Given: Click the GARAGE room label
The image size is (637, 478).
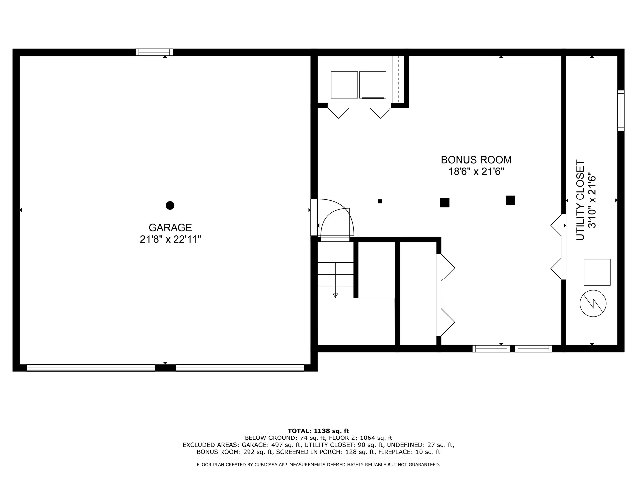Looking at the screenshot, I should [x=170, y=228].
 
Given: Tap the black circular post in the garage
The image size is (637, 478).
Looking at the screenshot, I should [x=170, y=206].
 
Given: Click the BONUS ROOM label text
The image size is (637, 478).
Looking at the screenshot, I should [x=476, y=160].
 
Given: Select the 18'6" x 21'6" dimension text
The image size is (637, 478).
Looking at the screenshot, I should [x=476, y=172].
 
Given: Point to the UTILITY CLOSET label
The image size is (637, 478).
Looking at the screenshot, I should [x=580, y=200].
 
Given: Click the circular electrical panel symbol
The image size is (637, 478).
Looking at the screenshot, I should [x=593, y=303].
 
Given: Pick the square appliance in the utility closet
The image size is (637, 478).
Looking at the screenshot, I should [x=597, y=272].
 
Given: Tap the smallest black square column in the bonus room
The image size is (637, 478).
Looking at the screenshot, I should [x=380, y=201].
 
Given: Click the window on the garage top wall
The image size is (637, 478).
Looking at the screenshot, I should [x=154, y=52].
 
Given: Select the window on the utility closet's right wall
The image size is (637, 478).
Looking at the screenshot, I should [x=621, y=111].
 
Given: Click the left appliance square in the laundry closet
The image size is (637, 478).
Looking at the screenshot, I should [x=344, y=85].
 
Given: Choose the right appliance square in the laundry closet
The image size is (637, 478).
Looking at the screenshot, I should [x=372, y=85].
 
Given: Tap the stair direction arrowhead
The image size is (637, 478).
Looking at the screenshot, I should [x=335, y=295].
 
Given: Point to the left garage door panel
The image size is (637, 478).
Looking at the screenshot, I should [x=91, y=368].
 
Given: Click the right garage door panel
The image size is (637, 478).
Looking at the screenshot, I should [x=240, y=368].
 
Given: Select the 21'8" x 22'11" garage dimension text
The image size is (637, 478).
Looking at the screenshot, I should [x=170, y=239].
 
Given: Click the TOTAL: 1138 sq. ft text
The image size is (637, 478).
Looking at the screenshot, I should [x=318, y=431].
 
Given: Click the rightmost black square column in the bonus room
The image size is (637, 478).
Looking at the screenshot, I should [x=510, y=200].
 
